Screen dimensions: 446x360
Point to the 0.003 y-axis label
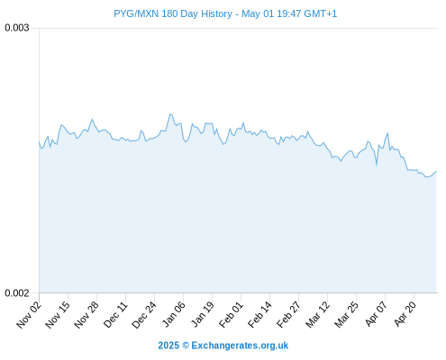[x=17, y=28]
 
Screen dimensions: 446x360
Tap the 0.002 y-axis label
[x=17, y=292]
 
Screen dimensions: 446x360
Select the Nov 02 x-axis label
[x=29, y=315]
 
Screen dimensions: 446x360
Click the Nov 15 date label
[x=58, y=315]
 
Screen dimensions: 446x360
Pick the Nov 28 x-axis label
[x=86, y=315]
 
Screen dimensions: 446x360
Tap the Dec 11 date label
[x=115, y=315]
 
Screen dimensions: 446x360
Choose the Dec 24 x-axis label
[x=144, y=315]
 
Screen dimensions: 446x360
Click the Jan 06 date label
[x=173, y=315]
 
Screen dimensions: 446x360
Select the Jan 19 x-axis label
[x=203, y=315]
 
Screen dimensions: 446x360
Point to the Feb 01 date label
[x=231, y=315]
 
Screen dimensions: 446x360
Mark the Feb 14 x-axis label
[x=259, y=315]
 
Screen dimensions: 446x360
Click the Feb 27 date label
[x=288, y=315]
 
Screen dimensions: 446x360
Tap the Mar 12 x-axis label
[x=317, y=315]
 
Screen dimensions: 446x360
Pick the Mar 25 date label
[x=346, y=315]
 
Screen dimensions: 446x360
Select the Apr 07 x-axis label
[x=376, y=314]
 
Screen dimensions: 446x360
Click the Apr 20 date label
[x=405, y=314]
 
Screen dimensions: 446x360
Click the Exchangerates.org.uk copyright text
[x=223, y=346]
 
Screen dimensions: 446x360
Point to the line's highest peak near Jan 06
[x=170, y=114]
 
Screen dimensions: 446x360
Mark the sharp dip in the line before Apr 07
[x=377, y=165]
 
